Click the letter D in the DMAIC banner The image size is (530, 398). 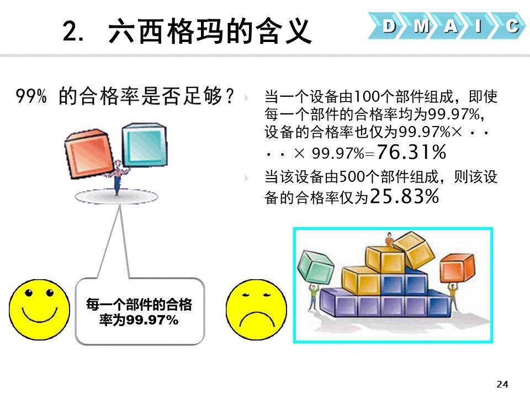tap(389, 25)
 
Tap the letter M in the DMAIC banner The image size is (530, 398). tap(421, 25)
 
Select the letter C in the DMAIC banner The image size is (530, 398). tap(512, 26)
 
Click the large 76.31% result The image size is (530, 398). tap(411, 152)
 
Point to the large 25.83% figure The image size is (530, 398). tap(405, 196)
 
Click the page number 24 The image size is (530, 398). tap(502, 384)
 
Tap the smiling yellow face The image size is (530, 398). tap(39, 310)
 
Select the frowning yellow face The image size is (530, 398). tap(256, 310)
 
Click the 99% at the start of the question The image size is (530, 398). tap(31, 96)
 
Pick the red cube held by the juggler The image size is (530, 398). tap(88, 153)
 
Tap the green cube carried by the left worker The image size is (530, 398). tap(315, 268)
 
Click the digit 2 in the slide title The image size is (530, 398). tap(70, 31)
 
